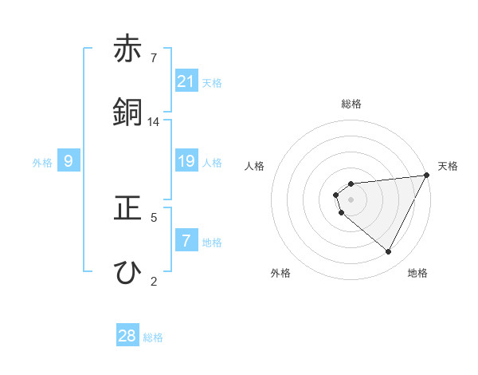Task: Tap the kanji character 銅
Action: tap(127, 112)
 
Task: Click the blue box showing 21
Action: tap(186, 81)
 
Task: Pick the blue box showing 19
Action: tap(186, 162)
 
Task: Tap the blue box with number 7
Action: tap(186, 241)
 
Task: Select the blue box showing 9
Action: tap(69, 162)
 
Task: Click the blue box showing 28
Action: tap(127, 336)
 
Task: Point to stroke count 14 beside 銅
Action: tap(154, 122)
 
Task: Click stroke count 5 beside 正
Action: tap(154, 216)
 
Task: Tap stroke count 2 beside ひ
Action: tap(154, 280)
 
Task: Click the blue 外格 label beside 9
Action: tap(42, 163)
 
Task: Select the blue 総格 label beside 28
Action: tap(153, 337)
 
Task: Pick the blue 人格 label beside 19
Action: tap(212, 163)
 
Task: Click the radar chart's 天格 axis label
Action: tap(448, 166)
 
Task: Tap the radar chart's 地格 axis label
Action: tap(417, 273)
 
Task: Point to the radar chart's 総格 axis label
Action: tap(351, 104)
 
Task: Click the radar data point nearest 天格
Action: tap(427, 175)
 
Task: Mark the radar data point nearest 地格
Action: tap(389, 252)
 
